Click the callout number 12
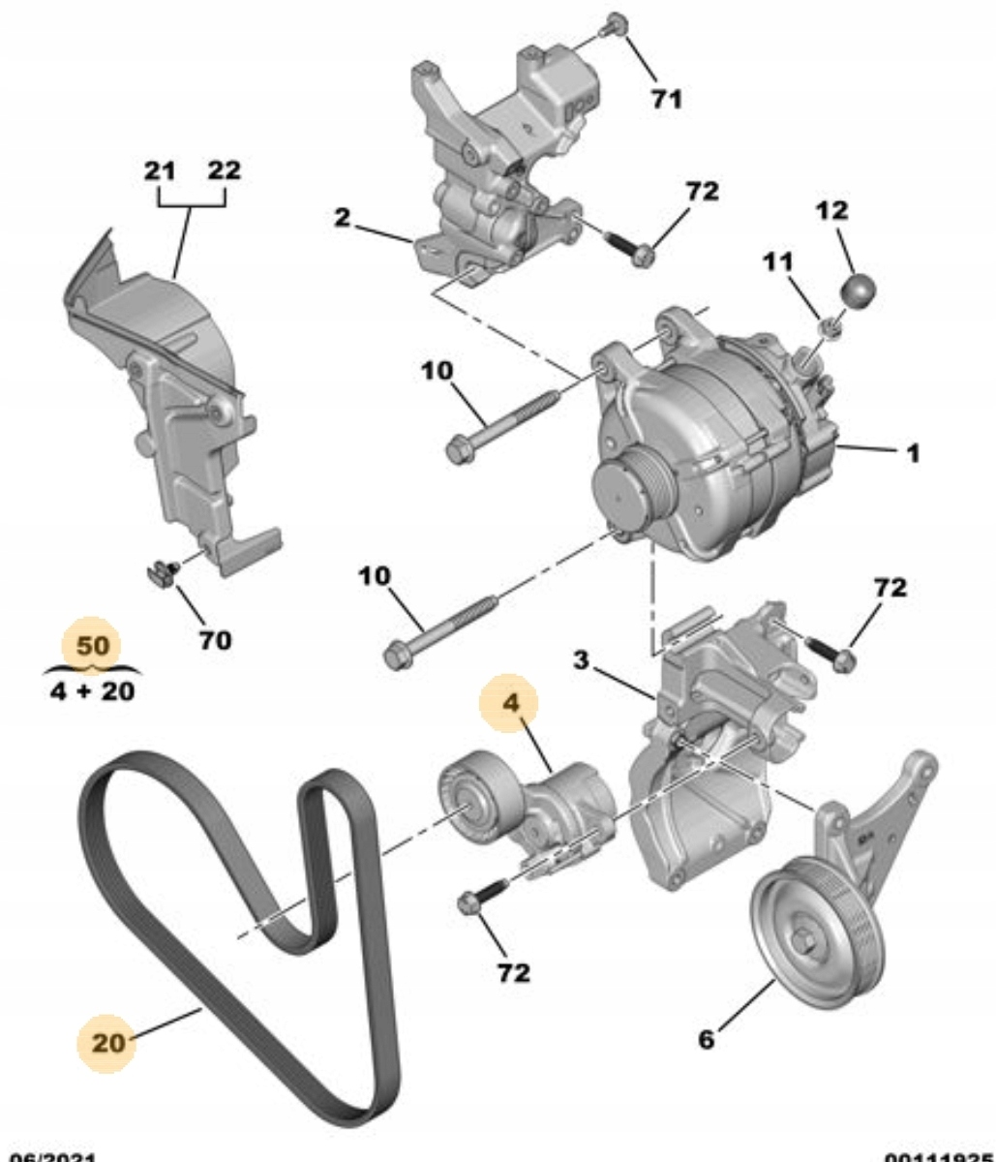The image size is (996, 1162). (x=831, y=210)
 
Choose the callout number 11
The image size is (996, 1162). (x=777, y=262)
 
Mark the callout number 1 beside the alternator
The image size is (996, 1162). (x=913, y=452)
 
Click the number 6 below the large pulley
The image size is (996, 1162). (x=707, y=1039)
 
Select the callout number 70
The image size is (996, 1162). (x=215, y=640)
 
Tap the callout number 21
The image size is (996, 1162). (x=160, y=171)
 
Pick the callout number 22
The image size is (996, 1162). (x=224, y=171)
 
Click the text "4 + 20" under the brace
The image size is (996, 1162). (x=92, y=691)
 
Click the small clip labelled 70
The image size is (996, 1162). (x=162, y=573)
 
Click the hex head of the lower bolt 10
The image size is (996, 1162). (x=396, y=656)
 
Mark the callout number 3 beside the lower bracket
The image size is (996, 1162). (x=580, y=660)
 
